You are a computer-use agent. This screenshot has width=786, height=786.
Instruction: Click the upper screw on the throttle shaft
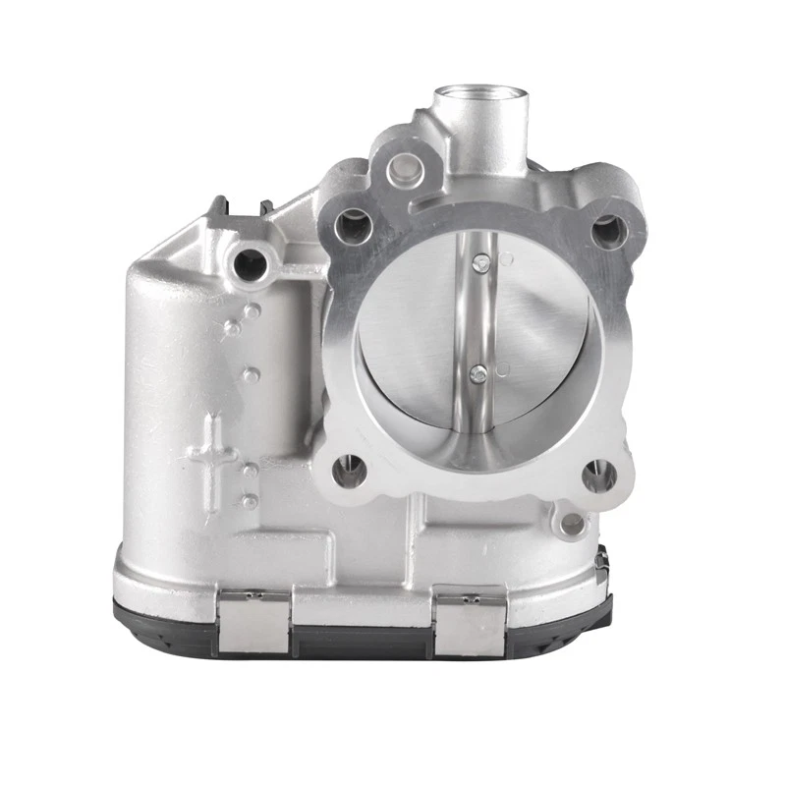tap(481, 260)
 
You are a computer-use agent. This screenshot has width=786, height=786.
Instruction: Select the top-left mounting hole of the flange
tap(349, 228)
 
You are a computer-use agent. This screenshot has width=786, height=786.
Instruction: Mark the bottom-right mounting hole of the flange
tap(597, 478)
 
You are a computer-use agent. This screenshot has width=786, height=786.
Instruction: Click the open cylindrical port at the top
tap(478, 102)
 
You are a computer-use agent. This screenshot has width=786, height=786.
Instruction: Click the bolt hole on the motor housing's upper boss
tap(251, 262)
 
